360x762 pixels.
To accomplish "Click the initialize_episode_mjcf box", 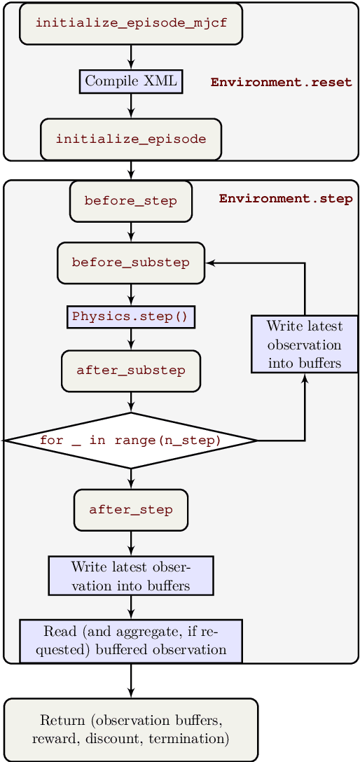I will click(x=131, y=23).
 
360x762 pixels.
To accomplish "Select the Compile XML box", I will click(x=131, y=81).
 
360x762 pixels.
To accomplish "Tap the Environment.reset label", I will click(x=281, y=82).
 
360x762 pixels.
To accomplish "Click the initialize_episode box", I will click(x=131, y=139).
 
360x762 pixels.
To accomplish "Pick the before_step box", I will click(x=131, y=201).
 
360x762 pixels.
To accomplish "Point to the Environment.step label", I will click(x=286, y=198).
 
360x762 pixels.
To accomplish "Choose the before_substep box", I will click(x=131, y=263).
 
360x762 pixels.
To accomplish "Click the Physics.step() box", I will click(x=131, y=317).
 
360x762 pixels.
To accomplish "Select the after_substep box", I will click(x=131, y=370).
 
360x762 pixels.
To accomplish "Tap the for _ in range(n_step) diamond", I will click(x=131, y=441).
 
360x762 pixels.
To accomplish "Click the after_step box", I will click(x=131, y=510).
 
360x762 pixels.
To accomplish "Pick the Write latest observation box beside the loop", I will click(x=305, y=344).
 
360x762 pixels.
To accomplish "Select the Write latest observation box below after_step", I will click(x=131, y=576).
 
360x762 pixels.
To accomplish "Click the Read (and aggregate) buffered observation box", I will click(x=131, y=641).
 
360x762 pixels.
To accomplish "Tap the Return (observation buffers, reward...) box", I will click(x=131, y=729).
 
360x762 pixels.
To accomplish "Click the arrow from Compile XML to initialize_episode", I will click(x=131, y=105).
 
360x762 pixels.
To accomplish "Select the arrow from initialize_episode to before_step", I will click(x=131, y=170).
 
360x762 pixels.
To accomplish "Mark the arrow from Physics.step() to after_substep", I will click(x=131, y=339).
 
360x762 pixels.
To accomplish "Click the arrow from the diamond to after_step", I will click(x=131, y=479).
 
